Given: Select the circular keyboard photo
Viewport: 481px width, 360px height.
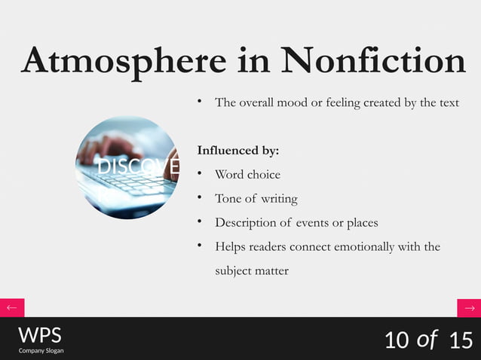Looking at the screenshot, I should [127, 167].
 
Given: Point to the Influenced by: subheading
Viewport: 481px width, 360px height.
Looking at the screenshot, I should [237, 151].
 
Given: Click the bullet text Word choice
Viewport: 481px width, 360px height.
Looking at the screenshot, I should [247, 175].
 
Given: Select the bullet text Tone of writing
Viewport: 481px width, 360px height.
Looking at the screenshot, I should [256, 199].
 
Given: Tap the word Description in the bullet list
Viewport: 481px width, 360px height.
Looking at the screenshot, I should [246, 223].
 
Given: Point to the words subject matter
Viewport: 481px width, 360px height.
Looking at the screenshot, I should [251, 270].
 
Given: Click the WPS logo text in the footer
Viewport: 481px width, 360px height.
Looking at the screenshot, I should [40, 335].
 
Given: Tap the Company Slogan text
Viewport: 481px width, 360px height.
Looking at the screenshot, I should [41, 351].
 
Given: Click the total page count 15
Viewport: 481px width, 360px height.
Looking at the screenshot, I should [460, 340].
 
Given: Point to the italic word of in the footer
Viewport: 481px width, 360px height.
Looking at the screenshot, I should [427, 340].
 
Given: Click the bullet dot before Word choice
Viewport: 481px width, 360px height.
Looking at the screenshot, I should [200, 174].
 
